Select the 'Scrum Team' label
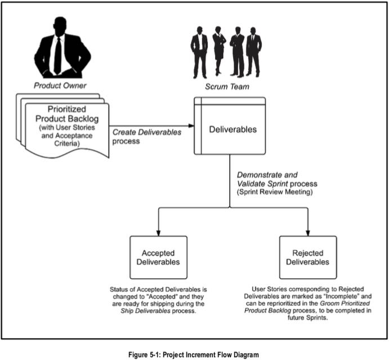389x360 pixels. [225, 86]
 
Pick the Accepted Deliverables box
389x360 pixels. [158, 258]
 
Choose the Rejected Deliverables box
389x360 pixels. [307, 258]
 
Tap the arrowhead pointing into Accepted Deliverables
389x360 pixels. [158, 232]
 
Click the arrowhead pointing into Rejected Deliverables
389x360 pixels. [308, 232]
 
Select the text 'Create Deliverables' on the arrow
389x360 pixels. [147, 132]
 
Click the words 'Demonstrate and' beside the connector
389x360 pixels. [267, 175]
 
